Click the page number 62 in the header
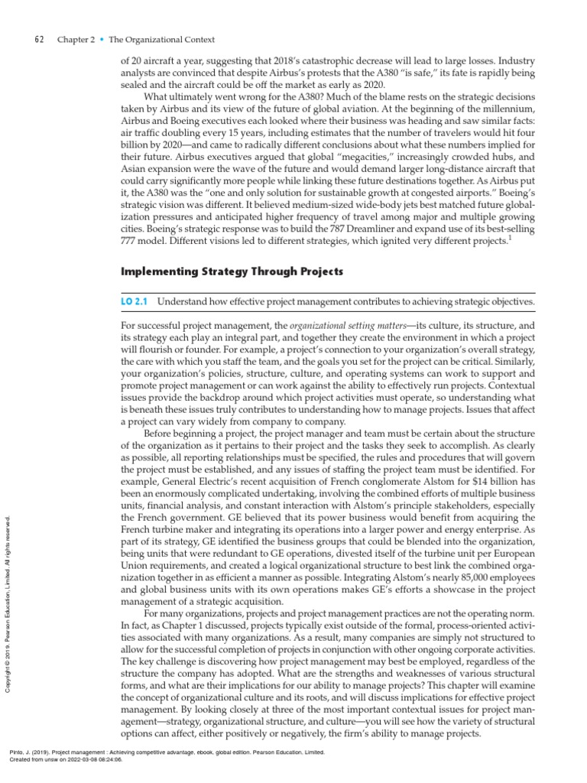click(41, 40)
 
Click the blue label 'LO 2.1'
click(135, 302)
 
